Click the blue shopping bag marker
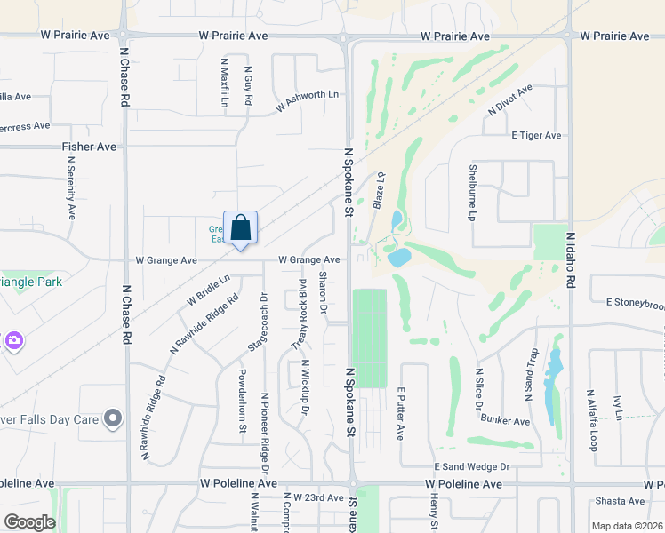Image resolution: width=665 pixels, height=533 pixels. pyautogui.click(x=240, y=229)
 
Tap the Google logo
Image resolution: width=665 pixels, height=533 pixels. pyautogui.click(x=29, y=522)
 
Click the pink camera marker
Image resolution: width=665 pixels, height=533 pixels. pyautogui.click(x=12, y=340)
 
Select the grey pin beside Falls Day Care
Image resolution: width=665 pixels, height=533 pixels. pyautogui.click(x=112, y=418)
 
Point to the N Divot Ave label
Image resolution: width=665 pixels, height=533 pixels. pyautogui.click(x=509, y=100)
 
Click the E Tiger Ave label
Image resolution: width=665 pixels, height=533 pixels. pyautogui.click(x=536, y=135)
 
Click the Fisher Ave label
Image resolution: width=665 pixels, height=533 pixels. pyautogui.click(x=89, y=146)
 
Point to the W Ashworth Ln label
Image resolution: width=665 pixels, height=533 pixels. pyautogui.click(x=308, y=100)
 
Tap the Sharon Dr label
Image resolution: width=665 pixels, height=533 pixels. pyautogui.click(x=323, y=294)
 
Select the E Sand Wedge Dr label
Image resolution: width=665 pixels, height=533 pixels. pyautogui.click(x=471, y=466)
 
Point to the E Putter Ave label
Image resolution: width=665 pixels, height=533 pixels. pyautogui.click(x=401, y=413)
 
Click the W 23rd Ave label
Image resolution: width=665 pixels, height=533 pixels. pyautogui.click(x=317, y=497)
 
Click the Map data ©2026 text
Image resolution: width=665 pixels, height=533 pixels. pyautogui.click(x=626, y=526)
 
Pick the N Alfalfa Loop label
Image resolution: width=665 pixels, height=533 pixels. pyautogui.click(x=590, y=419)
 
